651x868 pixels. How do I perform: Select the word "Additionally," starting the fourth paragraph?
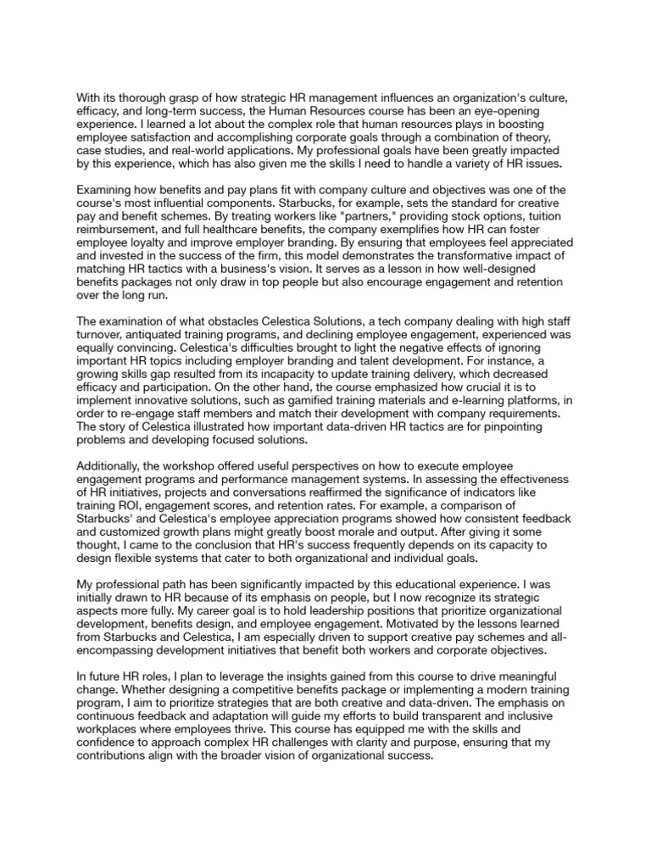(112, 469)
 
